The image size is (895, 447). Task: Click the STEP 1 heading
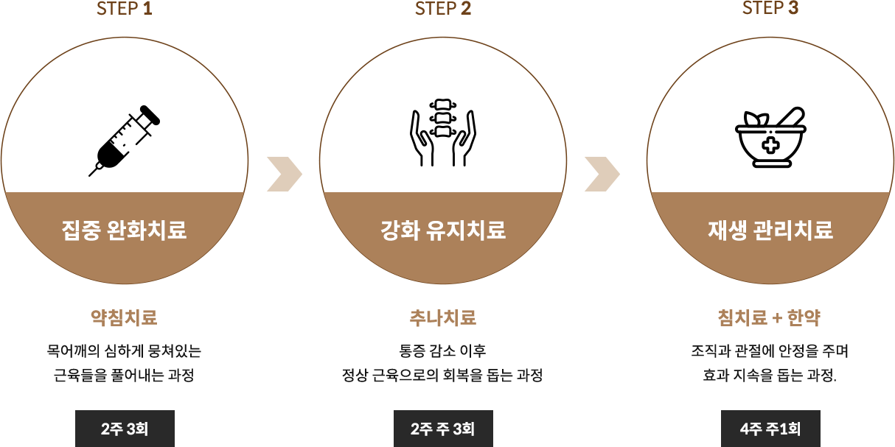click(x=124, y=9)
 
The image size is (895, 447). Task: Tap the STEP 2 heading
click(x=442, y=9)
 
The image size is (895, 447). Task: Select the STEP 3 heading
click(x=770, y=8)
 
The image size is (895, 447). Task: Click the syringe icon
click(x=125, y=140)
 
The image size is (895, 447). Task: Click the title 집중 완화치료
click(x=124, y=230)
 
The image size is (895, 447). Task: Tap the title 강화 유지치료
click(x=442, y=230)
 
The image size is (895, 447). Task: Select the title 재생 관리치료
click(x=770, y=230)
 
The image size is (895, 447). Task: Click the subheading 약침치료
click(x=124, y=317)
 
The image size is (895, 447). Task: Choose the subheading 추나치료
click(x=442, y=317)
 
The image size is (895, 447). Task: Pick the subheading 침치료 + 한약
click(x=770, y=317)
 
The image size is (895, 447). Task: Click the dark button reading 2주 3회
click(x=125, y=428)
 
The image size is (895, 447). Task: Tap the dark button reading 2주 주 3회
click(x=442, y=428)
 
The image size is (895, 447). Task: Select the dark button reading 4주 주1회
click(x=770, y=428)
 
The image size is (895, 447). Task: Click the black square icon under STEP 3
click(x=770, y=137)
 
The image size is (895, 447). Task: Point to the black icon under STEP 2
click(x=442, y=132)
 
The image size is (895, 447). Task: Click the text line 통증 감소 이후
click(x=442, y=351)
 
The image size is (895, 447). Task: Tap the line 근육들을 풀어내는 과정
click(x=124, y=374)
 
